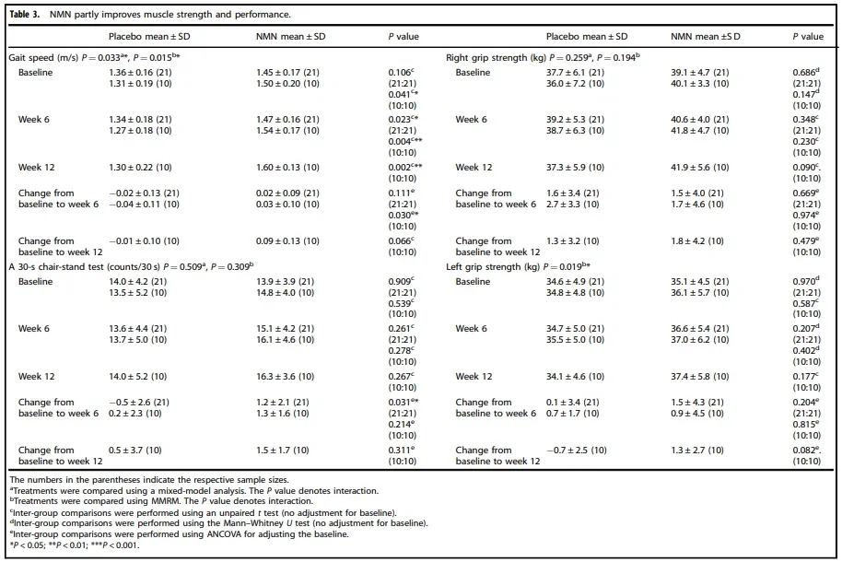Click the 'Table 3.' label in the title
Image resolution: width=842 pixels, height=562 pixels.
27,15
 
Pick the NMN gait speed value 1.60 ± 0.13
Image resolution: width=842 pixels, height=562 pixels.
287,168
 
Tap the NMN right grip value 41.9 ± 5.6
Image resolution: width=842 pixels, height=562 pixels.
706,168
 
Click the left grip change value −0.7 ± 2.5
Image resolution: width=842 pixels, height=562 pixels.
577,451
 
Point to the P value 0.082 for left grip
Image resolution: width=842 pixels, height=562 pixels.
805,451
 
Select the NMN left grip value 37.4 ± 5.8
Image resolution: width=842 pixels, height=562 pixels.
706,377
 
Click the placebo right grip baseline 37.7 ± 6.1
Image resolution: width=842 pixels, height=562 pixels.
575,72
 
